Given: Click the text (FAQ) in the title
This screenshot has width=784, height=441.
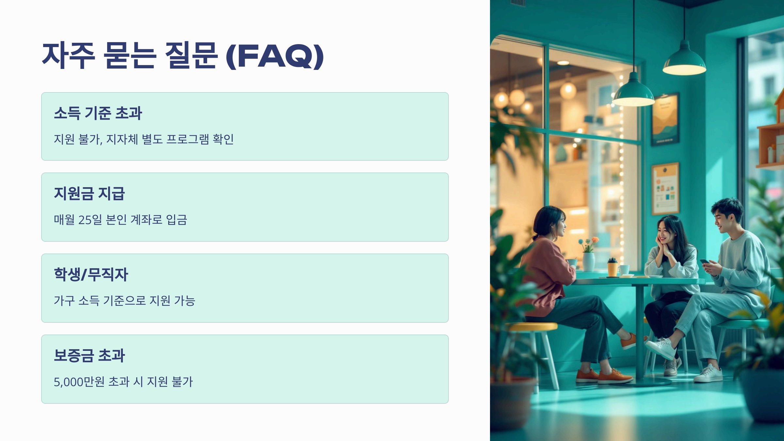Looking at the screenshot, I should tap(275, 56).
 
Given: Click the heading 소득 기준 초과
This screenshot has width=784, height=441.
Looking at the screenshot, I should tap(98, 113).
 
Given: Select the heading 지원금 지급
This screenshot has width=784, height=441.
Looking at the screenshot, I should tap(89, 193).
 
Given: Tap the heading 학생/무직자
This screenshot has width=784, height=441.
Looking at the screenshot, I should tap(91, 274).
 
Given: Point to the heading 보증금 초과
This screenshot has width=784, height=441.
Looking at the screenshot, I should tap(89, 355).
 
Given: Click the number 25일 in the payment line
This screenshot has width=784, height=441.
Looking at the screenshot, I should tap(90, 220).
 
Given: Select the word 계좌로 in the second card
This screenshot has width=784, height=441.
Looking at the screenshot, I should tap(146, 220).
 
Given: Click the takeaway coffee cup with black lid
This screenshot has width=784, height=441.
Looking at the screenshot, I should tap(612, 267).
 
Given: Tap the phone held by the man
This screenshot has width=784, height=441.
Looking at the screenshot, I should tap(704, 262).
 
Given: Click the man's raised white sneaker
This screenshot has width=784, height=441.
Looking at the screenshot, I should tap(661, 348).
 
